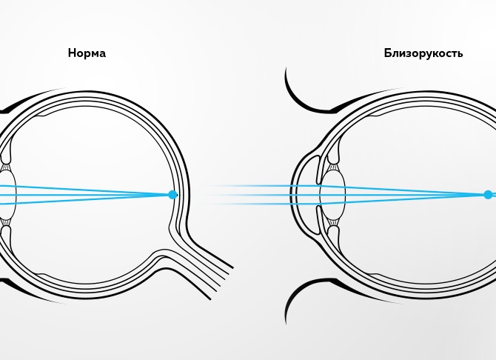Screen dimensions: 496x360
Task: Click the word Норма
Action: (x=87, y=53)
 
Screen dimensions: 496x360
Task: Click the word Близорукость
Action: (x=423, y=53)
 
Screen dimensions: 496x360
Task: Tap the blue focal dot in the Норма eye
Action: (x=172, y=195)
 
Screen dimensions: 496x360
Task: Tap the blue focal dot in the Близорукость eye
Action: (x=488, y=195)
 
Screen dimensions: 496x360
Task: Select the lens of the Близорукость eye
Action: (x=333, y=194)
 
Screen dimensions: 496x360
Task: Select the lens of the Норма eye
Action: (x=7, y=195)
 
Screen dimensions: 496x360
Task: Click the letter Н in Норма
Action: (x=73, y=53)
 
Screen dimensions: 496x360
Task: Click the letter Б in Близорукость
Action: (x=388, y=53)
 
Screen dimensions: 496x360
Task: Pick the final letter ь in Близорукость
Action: (x=460, y=55)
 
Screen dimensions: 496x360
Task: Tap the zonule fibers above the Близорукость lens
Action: (x=333, y=167)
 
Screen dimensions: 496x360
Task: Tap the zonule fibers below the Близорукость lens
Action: (x=333, y=222)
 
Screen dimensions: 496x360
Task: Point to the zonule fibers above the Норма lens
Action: (x=6, y=167)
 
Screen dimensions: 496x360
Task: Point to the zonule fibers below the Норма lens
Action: (x=6, y=222)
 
